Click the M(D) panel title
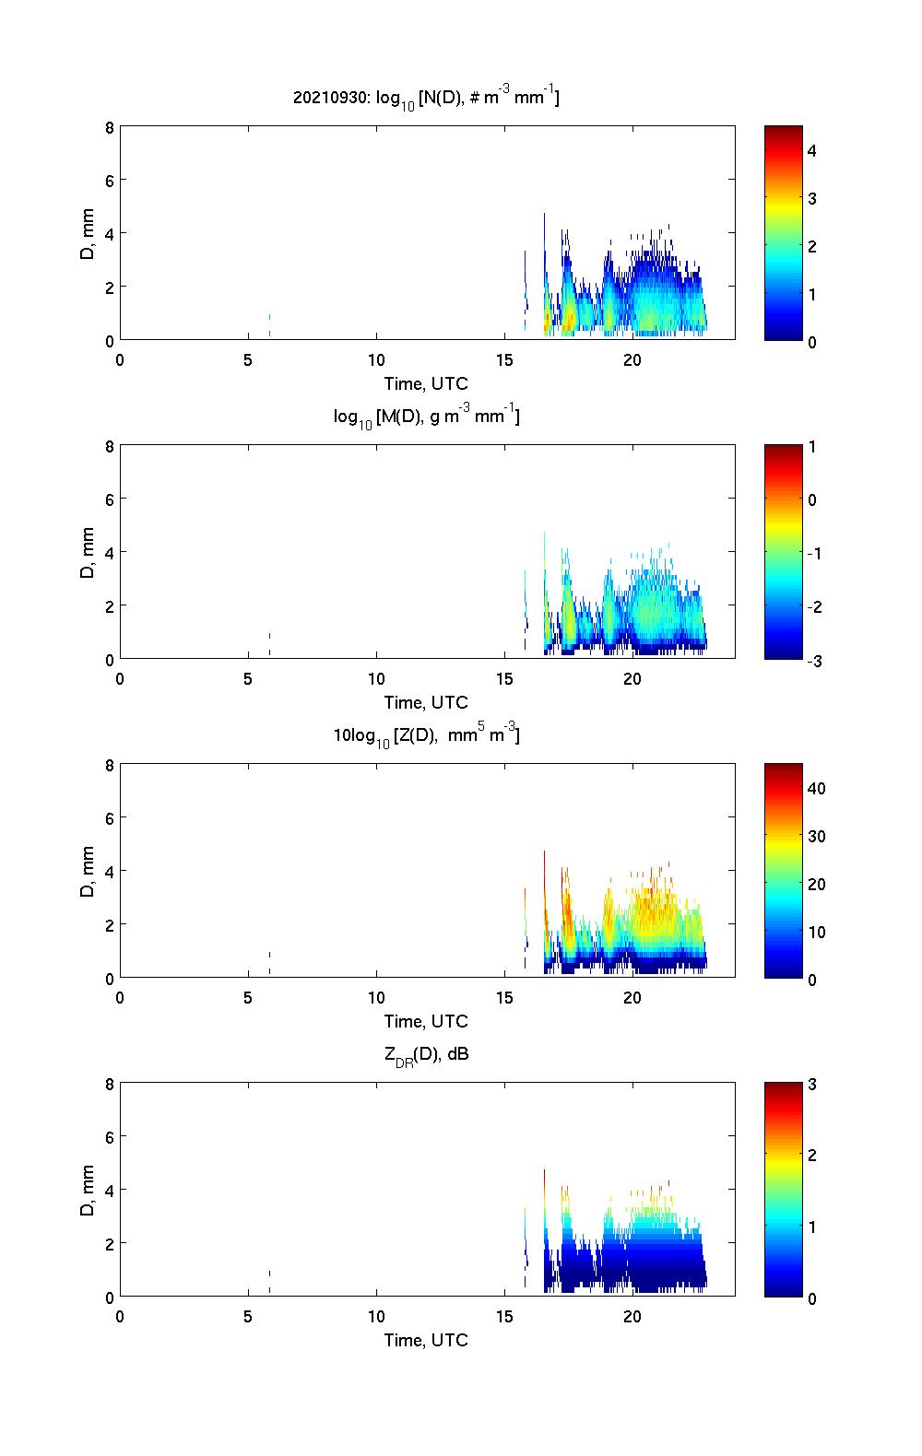click(x=426, y=417)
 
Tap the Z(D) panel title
click(x=426, y=735)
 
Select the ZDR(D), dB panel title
click(x=426, y=1054)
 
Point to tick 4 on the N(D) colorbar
click(x=812, y=150)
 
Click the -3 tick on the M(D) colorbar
click(x=812, y=660)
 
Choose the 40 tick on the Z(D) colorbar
click(x=816, y=788)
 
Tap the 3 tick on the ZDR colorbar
click(x=812, y=1085)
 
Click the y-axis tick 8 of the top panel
click(x=109, y=127)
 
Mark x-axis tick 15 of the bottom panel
click(x=504, y=1316)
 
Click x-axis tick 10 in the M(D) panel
click(x=376, y=678)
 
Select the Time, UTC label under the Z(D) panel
click(x=426, y=1021)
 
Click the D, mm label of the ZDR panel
click(x=89, y=1190)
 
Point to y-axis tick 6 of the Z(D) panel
click(x=109, y=818)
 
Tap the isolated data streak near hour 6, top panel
click(x=269, y=324)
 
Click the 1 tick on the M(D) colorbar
click(x=812, y=447)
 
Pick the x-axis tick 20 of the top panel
click(x=632, y=359)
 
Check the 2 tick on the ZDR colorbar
click(x=812, y=1156)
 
